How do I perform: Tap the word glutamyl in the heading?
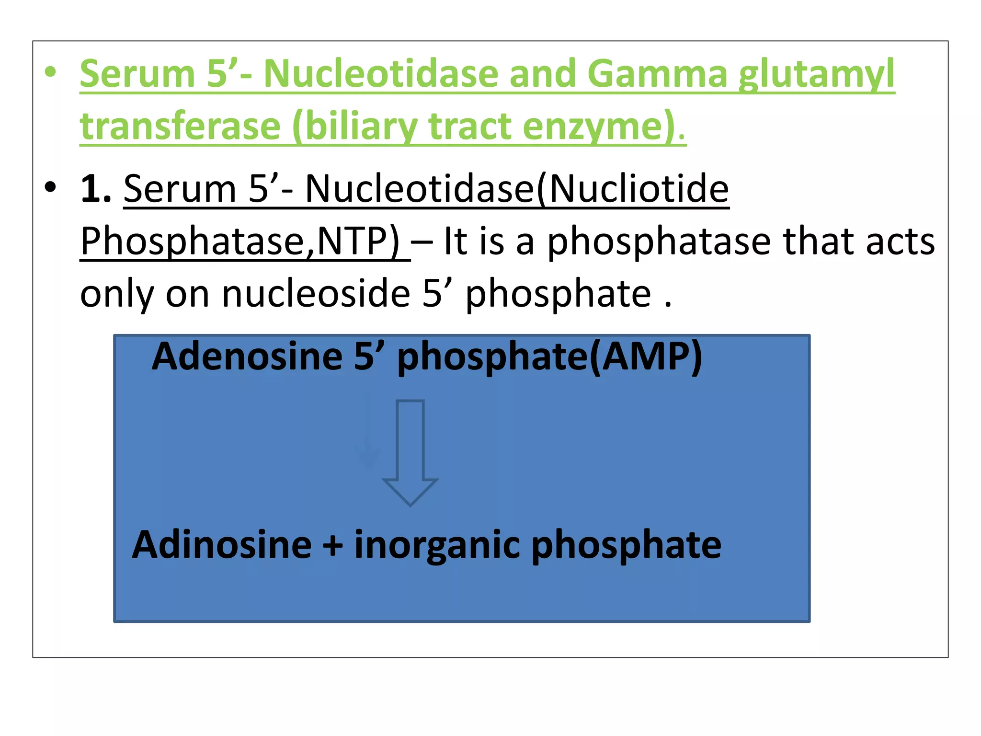point(816,75)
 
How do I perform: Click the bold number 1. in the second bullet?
point(96,188)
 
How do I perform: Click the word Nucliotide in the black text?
point(639,188)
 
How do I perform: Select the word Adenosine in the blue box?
point(247,356)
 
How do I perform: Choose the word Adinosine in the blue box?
point(222,545)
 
